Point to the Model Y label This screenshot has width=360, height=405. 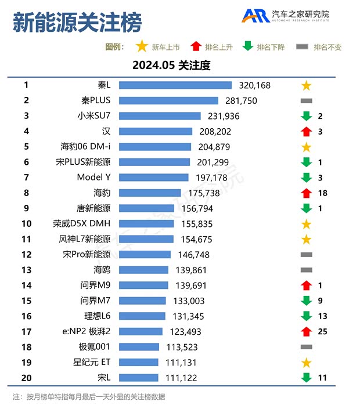93,177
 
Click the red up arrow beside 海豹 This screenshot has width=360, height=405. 307,193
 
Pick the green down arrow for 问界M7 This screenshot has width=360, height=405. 307,301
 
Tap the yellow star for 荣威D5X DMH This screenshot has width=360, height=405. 307,224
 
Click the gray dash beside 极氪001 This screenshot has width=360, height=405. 307,347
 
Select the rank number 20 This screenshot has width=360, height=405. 26,378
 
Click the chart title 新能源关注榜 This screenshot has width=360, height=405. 77,23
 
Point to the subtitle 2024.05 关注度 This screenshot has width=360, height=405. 171,66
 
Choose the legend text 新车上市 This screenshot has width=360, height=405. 165,47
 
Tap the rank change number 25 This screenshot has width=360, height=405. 323,331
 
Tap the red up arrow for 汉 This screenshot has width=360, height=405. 307,131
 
